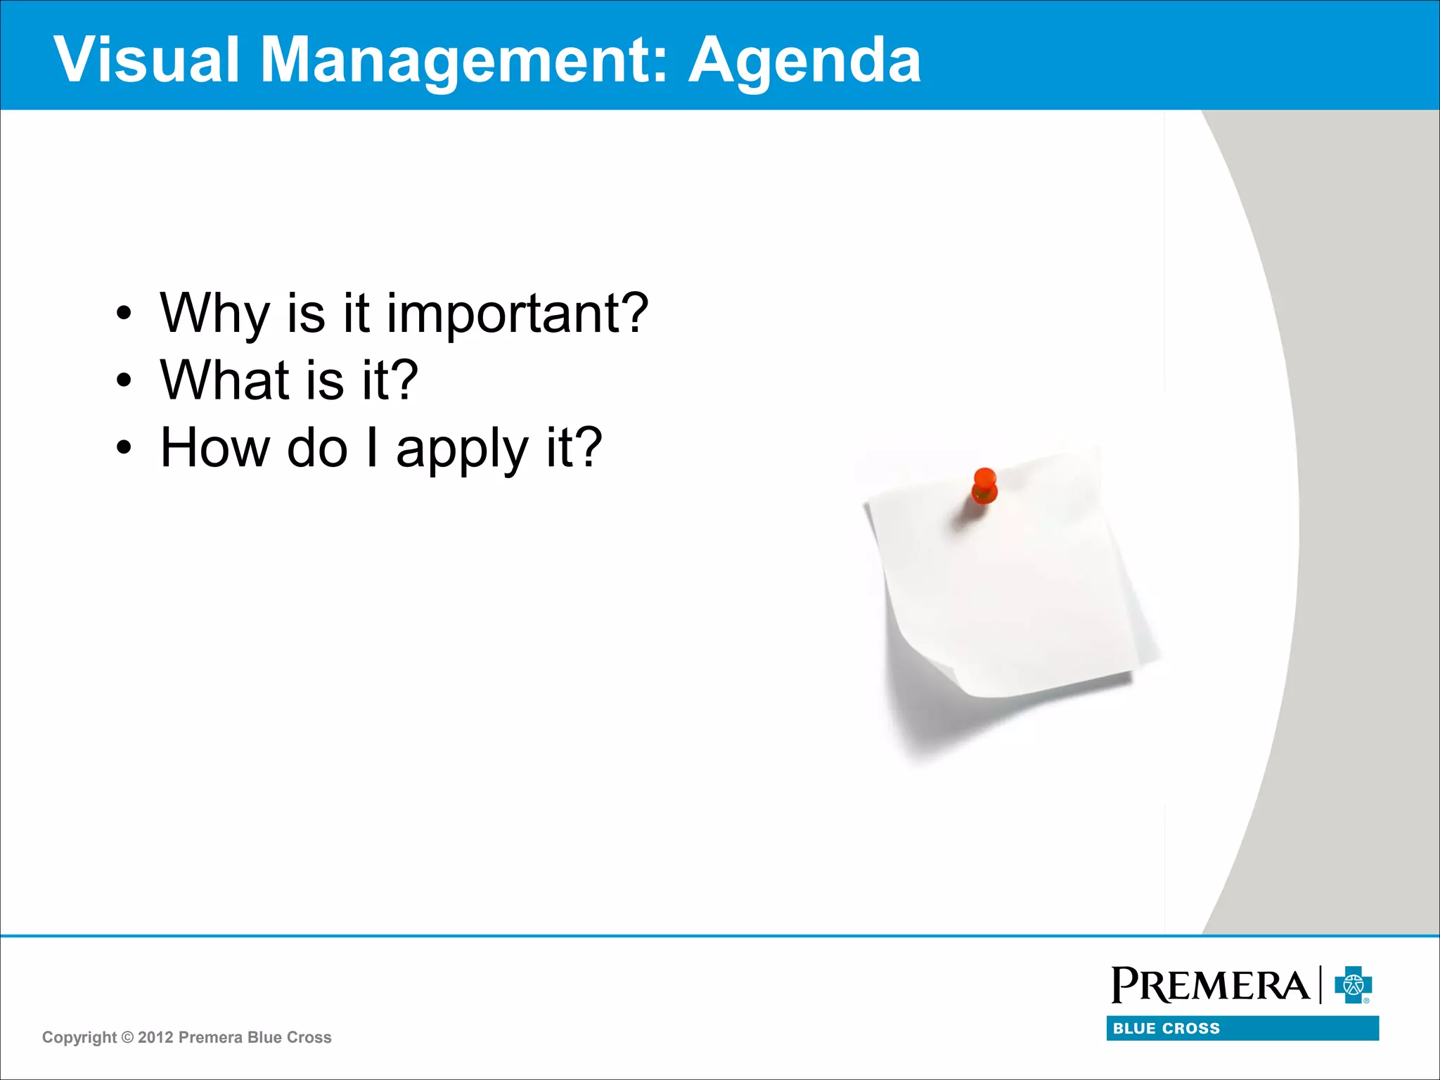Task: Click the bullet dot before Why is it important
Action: [124, 314]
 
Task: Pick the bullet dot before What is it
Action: [124, 381]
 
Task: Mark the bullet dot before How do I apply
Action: [124, 448]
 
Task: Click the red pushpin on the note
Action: [984, 485]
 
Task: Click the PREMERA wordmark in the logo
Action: [1209, 986]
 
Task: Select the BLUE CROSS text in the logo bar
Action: [1166, 1029]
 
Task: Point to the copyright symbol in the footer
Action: [127, 1038]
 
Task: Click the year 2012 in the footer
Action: [155, 1038]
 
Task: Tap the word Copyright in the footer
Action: [79, 1038]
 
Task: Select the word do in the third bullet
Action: [317, 447]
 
